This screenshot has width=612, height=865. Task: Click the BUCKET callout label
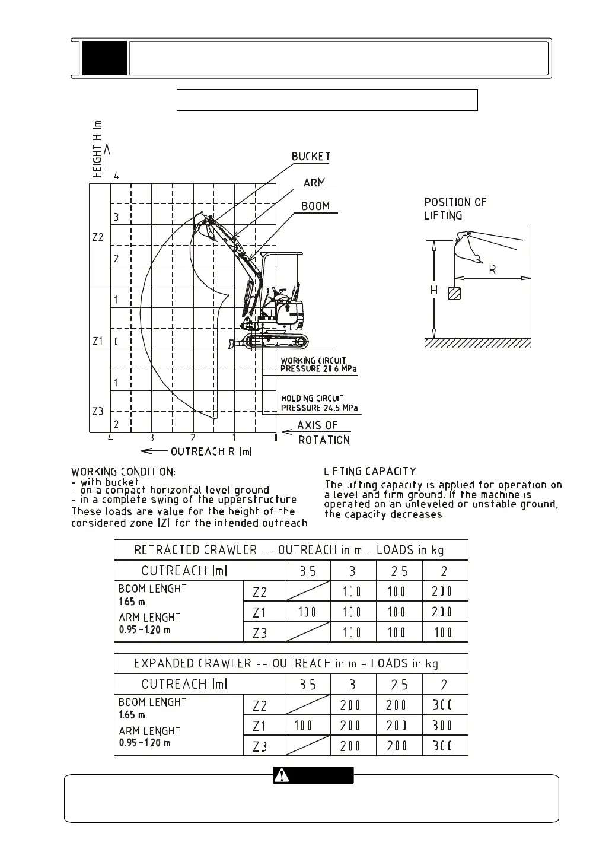pos(311,157)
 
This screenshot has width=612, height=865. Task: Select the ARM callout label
pos(314,183)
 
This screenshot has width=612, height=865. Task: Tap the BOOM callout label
pos(315,206)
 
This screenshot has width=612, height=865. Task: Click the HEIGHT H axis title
pos(98,148)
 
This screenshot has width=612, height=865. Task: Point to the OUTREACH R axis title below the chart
pos(211,452)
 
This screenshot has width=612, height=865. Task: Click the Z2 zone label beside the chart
pos(98,237)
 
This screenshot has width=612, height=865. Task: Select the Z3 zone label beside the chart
pos(98,411)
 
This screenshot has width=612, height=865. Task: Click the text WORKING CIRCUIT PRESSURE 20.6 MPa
pos(318,365)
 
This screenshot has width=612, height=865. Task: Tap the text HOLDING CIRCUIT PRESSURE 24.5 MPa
pos(319,403)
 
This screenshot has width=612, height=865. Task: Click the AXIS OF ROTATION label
pos(323,432)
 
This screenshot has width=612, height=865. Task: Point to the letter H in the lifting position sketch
pos(434,291)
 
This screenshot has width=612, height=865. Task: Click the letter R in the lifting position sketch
pos(492,270)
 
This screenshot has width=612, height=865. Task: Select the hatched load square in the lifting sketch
pos(455,293)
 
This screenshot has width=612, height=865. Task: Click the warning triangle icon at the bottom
pos(282,775)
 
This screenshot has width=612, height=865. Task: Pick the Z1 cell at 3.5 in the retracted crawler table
pos(307,612)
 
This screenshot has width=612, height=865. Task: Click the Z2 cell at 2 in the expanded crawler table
pos(445,705)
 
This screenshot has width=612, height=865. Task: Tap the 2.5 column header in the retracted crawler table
pos(399,571)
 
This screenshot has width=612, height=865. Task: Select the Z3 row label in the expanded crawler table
pos(260,746)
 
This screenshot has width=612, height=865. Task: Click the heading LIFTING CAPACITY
pos(370,472)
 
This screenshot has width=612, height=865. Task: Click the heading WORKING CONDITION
pos(123,472)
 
